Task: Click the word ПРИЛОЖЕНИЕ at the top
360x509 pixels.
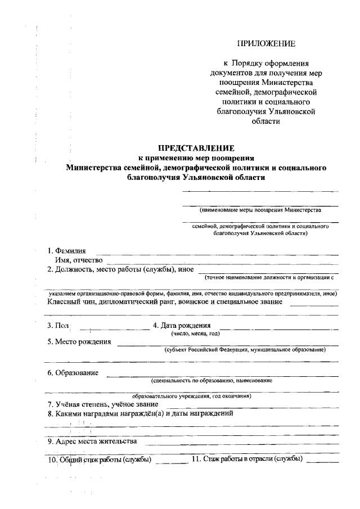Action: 266,43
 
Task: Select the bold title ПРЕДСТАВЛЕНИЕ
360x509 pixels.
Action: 195,148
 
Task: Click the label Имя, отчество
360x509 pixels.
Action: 78,260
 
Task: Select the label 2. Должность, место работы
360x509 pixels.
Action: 120,269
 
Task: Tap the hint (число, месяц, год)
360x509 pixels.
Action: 195,334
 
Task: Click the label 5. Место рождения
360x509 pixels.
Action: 79,341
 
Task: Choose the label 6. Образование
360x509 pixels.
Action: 73,372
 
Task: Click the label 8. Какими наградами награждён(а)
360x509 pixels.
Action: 140,413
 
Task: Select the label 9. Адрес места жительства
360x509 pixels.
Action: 92,441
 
